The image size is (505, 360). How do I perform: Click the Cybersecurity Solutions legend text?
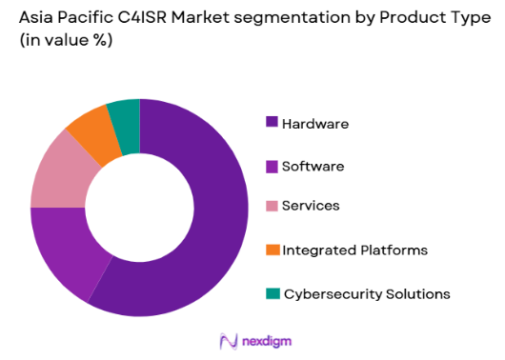tap(366, 293)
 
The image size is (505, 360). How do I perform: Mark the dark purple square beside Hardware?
tap(273, 123)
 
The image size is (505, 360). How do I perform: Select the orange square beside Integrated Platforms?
tap(273, 250)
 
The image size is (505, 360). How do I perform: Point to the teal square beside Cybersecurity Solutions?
tap(273, 293)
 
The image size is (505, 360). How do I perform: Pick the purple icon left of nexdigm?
tap(227, 340)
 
